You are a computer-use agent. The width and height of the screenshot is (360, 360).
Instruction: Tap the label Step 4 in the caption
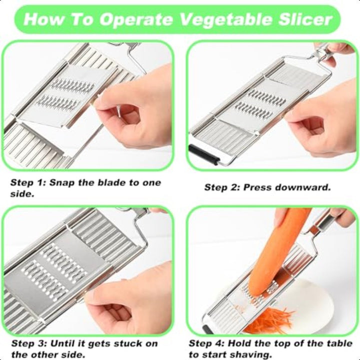(206, 343)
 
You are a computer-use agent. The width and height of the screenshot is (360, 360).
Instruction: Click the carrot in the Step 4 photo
(280, 250)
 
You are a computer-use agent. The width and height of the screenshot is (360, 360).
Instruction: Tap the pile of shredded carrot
(270, 320)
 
